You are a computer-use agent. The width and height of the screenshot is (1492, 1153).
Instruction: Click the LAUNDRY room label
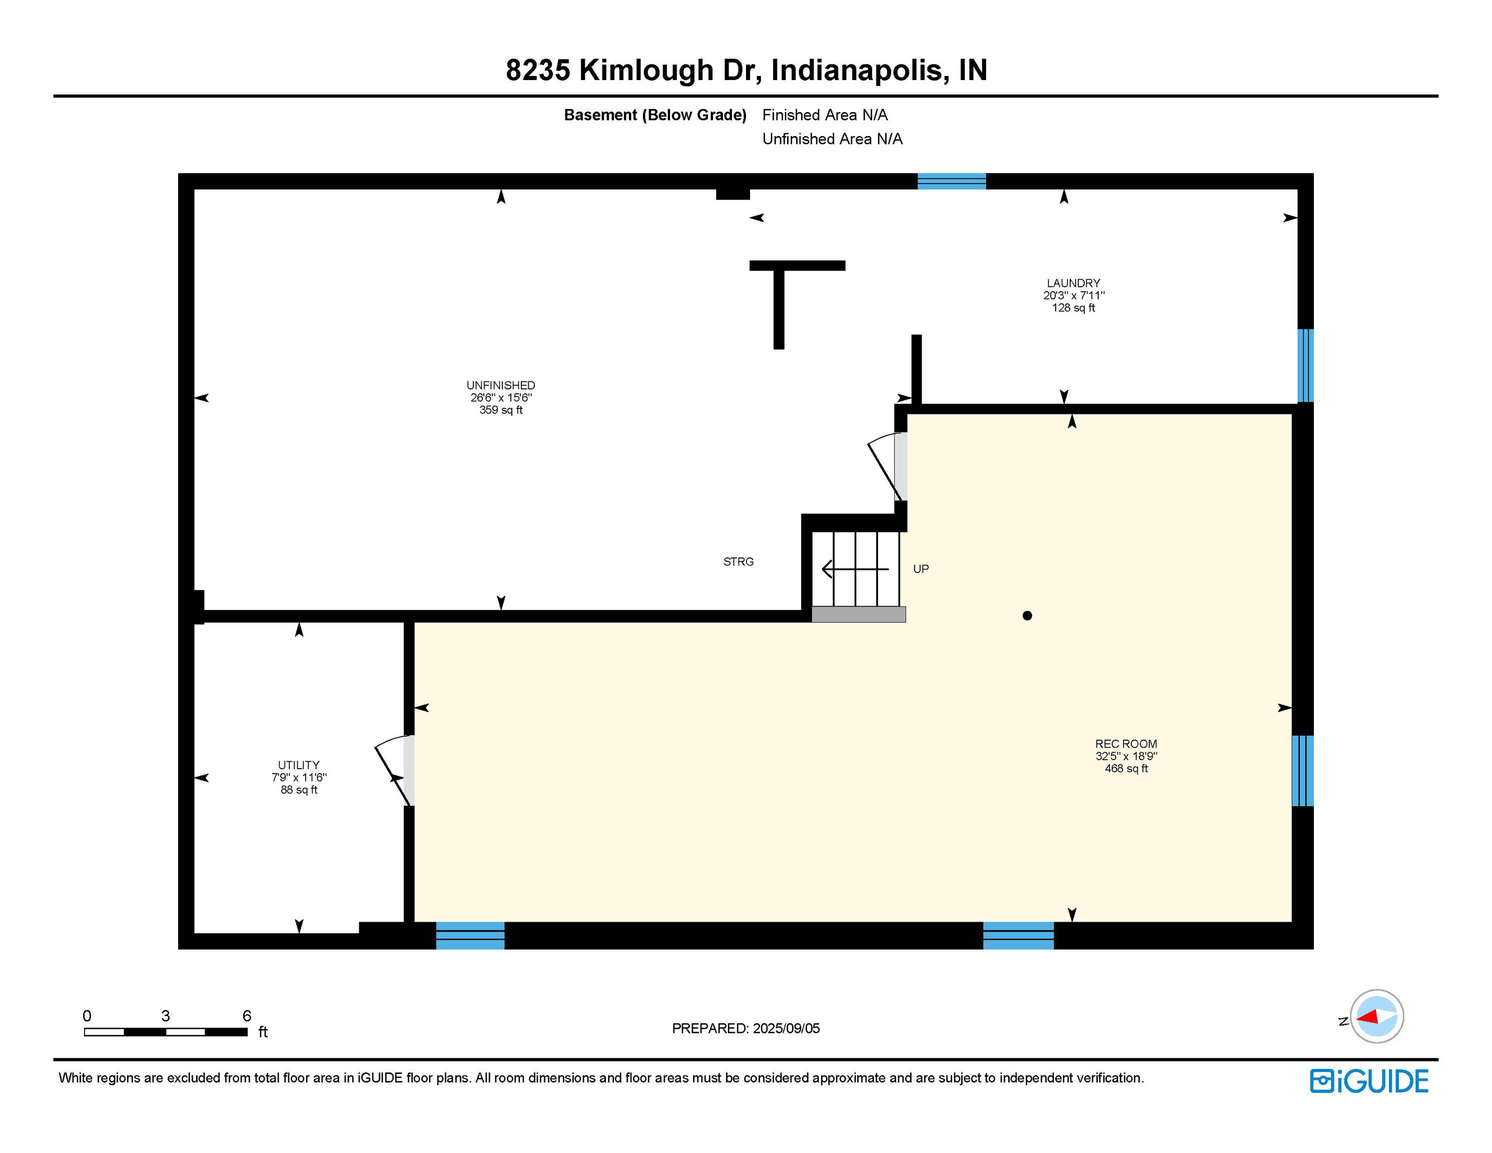tap(1073, 283)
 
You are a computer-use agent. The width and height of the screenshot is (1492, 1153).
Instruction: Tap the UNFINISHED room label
tap(501, 385)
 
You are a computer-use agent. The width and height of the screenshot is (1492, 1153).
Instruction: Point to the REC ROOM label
tap(1126, 744)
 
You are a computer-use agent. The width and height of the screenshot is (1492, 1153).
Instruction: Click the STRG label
tap(738, 562)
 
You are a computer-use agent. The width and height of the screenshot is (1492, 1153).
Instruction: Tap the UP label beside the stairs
tap(921, 568)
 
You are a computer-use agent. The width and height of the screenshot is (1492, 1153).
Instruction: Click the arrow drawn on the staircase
tap(855, 568)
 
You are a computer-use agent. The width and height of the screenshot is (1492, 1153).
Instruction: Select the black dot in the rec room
tap(1027, 616)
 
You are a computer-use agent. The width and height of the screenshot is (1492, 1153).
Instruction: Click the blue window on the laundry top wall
tap(952, 181)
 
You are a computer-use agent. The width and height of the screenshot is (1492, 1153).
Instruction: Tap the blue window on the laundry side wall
tap(1305, 366)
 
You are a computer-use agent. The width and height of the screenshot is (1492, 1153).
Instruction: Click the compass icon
tap(1376, 1016)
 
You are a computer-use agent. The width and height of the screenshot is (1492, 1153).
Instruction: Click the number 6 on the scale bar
tap(247, 1015)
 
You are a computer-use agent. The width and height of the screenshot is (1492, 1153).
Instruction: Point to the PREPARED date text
tap(746, 1028)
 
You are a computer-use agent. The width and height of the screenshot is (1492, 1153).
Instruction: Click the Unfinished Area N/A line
tap(832, 139)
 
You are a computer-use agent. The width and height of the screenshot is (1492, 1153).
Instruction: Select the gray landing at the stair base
tap(859, 615)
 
